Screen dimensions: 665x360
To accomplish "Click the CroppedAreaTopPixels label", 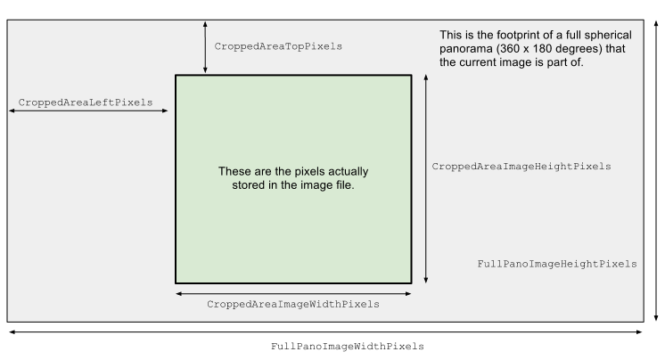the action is click(278, 46).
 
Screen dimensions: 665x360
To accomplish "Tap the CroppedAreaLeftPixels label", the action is click(86, 102).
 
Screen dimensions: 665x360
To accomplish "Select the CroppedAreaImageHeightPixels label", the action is click(521, 167).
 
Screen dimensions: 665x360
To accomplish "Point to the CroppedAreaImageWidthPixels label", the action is click(293, 305).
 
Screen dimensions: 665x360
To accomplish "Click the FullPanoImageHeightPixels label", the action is click(557, 264).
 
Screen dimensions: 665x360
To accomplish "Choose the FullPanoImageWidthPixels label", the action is click(348, 347).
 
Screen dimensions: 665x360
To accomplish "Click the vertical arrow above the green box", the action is click(205, 47).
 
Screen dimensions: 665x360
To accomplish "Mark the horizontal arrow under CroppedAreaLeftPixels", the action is click(88, 110).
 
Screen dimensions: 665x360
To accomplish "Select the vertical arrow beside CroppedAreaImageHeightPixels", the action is click(426, 179).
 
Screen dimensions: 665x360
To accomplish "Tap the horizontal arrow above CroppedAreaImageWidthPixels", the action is click(293, 293).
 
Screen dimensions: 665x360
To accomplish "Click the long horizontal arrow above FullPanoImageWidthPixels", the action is click(325, 332).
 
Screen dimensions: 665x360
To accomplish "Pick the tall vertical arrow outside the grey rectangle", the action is click(656, 170).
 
